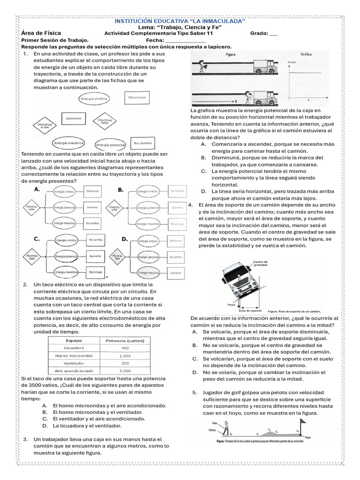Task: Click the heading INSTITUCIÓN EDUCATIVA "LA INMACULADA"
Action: tap(180, 22)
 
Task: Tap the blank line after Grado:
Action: tap(274, 34)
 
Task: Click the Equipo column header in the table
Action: tap(74, 341)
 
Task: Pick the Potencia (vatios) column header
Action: tap(125, 341)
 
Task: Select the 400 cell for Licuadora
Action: tap(125, 348)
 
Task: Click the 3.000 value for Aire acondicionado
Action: tap(125, 370)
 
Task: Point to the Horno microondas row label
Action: tap(74, 356)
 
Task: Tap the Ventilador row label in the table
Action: tap(74, 363)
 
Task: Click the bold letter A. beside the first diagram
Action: tap(37, 189)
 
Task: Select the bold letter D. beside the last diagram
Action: tap(125, 239)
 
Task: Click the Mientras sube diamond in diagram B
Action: tap(114, 207)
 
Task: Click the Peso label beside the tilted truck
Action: tap(231, 305)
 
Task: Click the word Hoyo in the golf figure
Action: tap(307, 437)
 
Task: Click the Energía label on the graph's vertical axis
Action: tap(292, 62)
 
